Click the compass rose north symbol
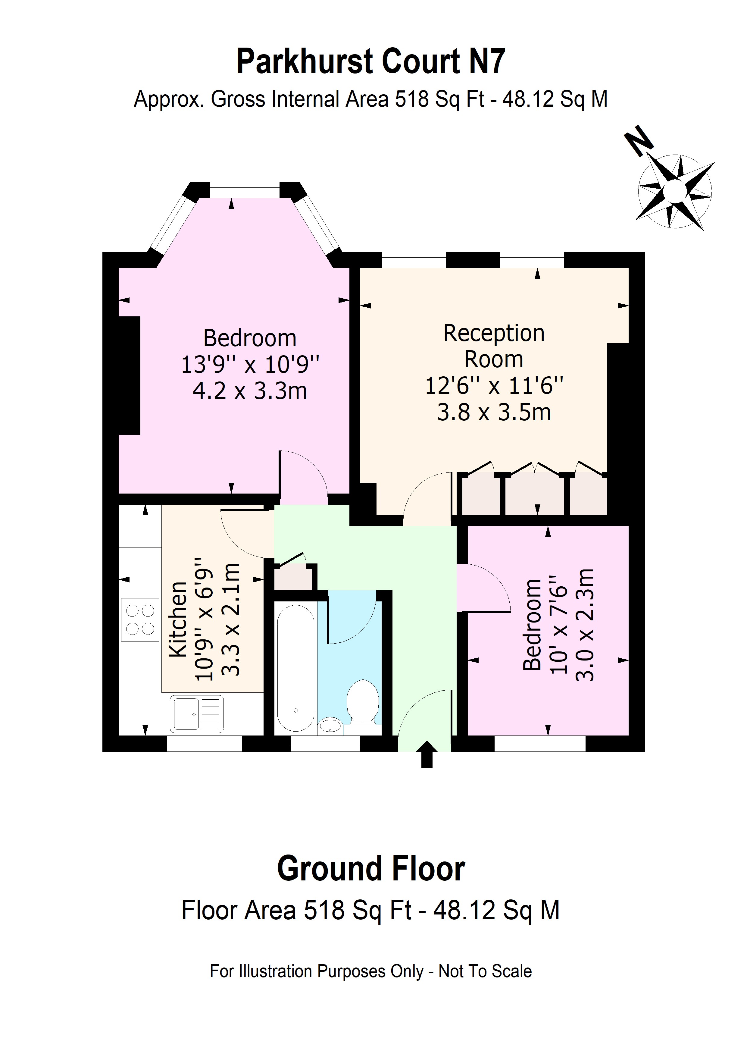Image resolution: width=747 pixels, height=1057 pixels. click(x=675, y=191)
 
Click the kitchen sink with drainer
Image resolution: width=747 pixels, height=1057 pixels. click(x=196, y=714)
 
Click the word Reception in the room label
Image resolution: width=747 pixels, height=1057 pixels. click(x=494, y=333)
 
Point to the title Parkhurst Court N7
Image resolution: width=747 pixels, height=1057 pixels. click(x=370, y=62)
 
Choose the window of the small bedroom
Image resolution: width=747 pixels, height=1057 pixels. click(x=540, y=742)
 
